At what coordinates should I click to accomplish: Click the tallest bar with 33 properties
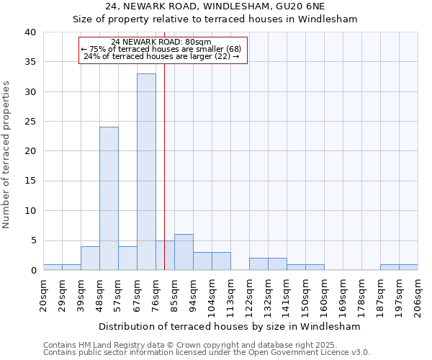click(x=146, y=172)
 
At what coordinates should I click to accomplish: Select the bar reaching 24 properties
click(x=109, y=199)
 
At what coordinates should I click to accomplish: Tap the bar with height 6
click(x=184, y=252)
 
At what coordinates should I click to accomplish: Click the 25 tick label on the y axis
click(x=30, y=122)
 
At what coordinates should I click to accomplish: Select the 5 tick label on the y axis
click(x=32, y=240)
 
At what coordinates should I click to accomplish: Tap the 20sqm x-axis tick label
click(x=43, y=294)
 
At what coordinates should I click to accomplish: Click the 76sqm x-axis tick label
click(x=156, y=294)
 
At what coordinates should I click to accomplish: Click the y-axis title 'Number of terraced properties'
click(x=6, y=155)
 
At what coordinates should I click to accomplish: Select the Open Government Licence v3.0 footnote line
click(x=207, y=353)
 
